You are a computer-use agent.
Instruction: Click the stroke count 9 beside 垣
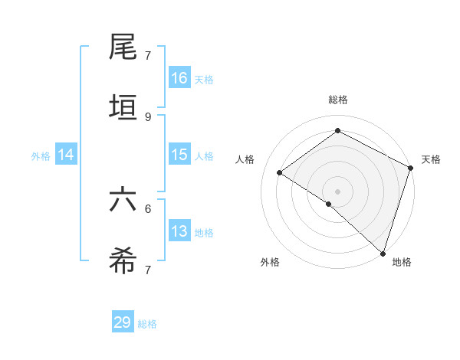coord(148,117)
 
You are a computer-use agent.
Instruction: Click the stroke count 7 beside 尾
coord(148,56)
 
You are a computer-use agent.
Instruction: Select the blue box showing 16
coord(179,78)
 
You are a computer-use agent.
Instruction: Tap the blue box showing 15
coord(179,155)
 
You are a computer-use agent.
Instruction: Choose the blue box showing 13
coord(179,231)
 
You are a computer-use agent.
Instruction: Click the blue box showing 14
coord(66,155)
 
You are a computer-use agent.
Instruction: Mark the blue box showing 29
coord(123,322)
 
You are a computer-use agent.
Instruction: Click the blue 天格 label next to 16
coord(204,80)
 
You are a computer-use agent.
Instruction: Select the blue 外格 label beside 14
coord(41,156)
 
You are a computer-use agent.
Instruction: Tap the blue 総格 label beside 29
coord(147,324)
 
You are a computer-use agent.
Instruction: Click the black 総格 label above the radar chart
coord(337,100)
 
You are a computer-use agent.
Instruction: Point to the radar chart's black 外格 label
coord(270,262)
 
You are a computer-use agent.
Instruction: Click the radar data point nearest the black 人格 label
coord(280,172)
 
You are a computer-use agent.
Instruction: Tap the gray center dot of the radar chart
coord(337,191)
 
